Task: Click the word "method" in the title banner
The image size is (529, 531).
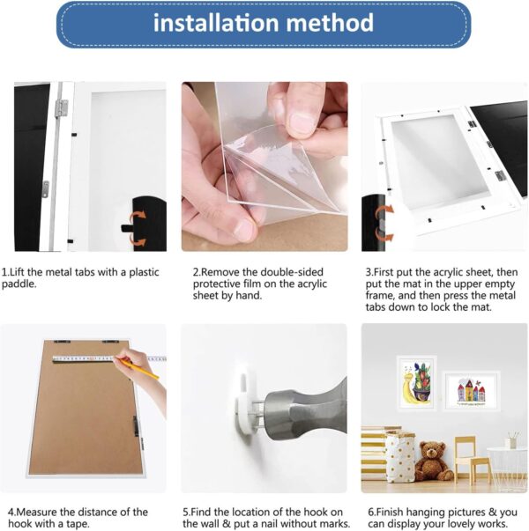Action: click(x=331, y=23)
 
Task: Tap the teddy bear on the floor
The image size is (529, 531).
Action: click(x=432, y=460)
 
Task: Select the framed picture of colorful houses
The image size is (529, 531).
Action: click(x=471, y=389)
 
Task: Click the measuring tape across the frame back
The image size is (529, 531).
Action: click(x=97, y=359)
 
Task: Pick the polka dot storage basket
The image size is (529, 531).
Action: click(x=400, y=457)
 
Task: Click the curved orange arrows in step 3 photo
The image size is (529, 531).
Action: click(x=379, y=223)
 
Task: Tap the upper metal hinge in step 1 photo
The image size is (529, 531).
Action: click(x=61, y=108)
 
